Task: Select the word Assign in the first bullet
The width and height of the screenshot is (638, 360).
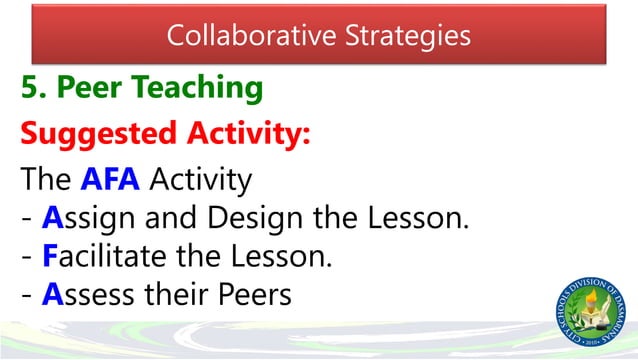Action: tap(87, 219)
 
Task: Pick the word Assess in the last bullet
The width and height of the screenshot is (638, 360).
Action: tap(87, 294)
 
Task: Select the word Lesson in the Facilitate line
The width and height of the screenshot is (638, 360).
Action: tap(285, 256)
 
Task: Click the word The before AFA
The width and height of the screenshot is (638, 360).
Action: tap(45, 182)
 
